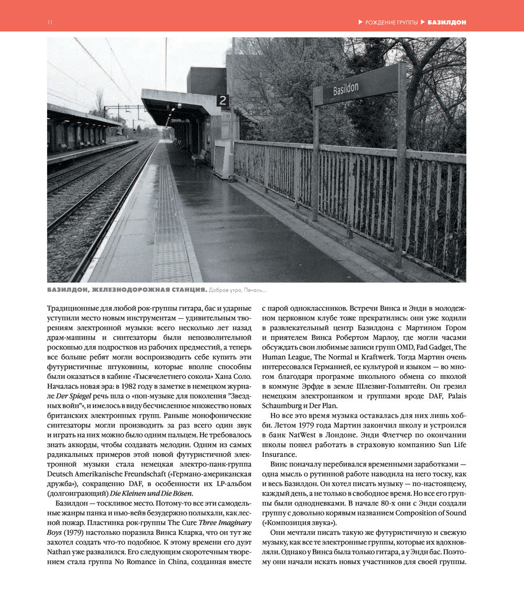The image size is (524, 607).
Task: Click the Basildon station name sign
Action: (x=358, y=89)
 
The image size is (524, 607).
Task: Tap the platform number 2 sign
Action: (x=223, y=100)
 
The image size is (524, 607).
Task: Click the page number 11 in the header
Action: (x=50, y=23)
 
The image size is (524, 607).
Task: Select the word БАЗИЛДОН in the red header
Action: (x=446, y=23)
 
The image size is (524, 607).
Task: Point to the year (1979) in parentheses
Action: (x=71, y=532)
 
